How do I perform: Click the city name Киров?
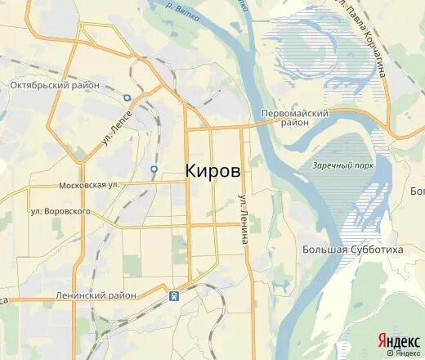coord(212,171)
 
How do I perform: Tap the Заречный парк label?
coord(337,165)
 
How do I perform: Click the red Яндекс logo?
coord(398,340)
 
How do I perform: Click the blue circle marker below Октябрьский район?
coord(127,97)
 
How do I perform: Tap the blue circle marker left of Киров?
coord(154,169)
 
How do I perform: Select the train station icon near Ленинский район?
coord(174,295)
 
